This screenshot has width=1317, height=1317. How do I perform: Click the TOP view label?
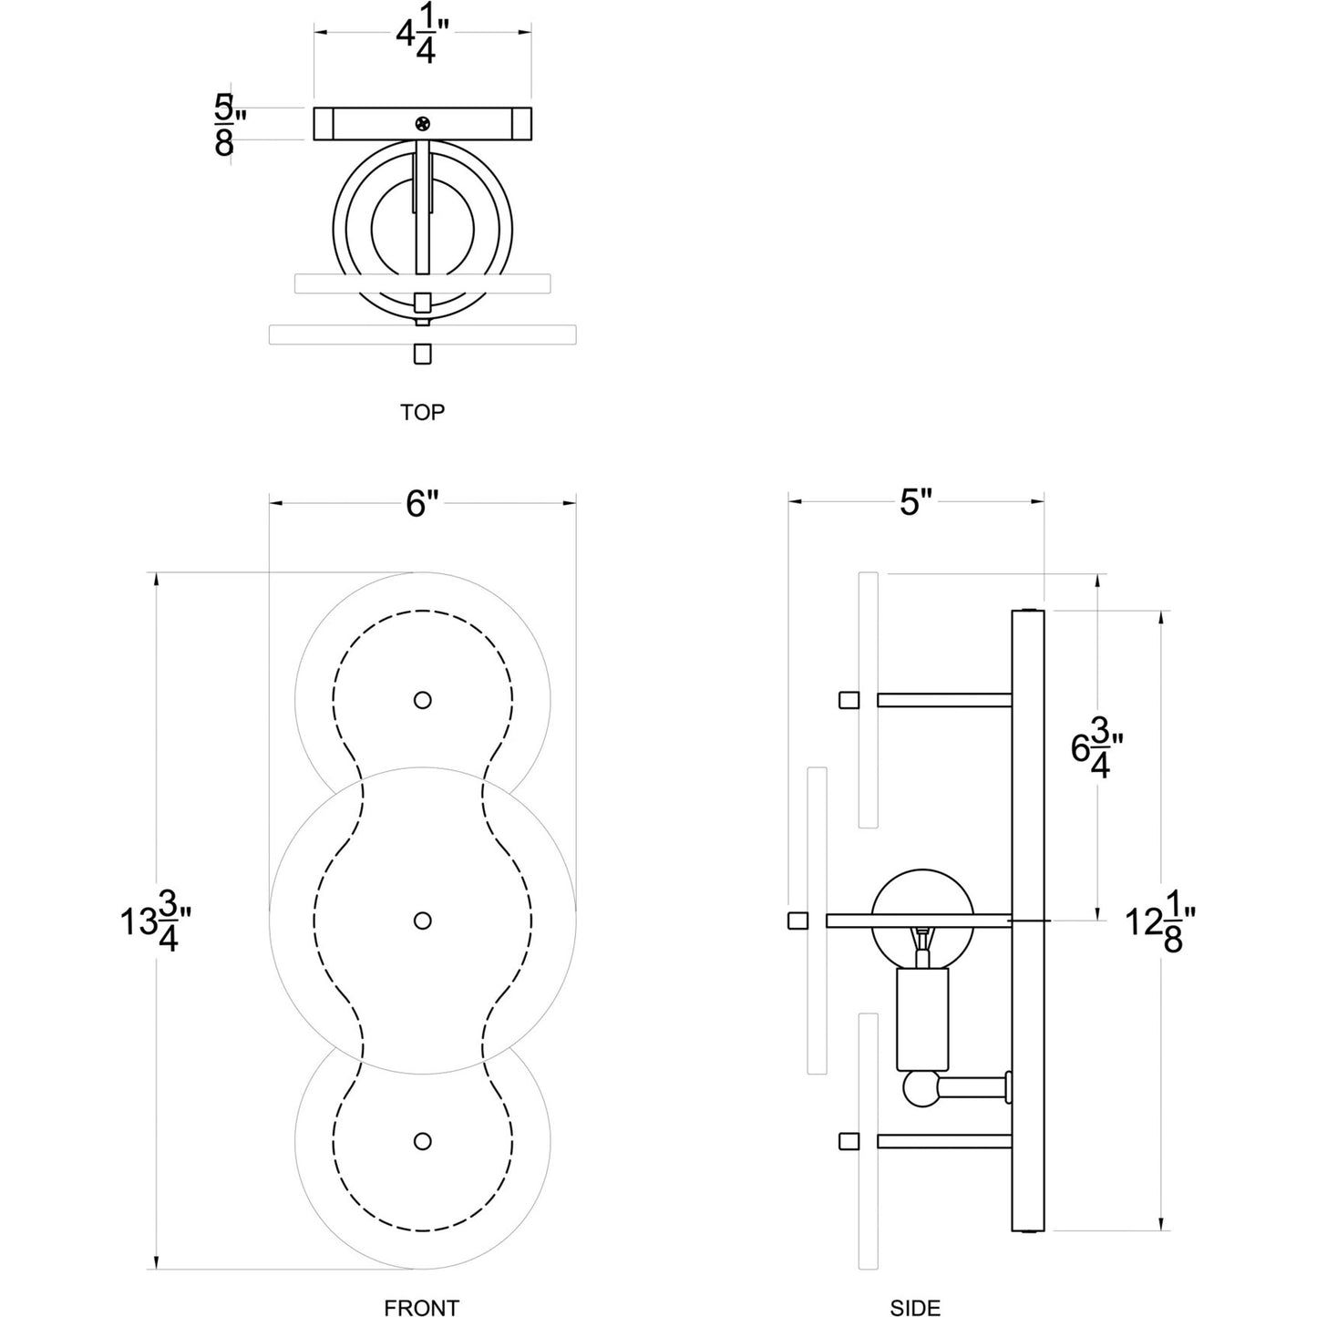click(x=422, y=412)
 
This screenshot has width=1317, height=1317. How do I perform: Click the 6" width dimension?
click(x=422, y=503)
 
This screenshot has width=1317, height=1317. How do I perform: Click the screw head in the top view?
click(x=422, y=124)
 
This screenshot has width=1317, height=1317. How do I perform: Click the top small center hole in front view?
click(x=422, y=700)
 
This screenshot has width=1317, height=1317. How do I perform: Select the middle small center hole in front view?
click(x=422, y=921)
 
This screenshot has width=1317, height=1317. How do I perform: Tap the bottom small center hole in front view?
click(x=422, y=1141)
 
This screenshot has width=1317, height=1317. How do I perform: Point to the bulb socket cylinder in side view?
click(x=922, y=1019)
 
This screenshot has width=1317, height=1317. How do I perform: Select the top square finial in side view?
click(x=849, y=700)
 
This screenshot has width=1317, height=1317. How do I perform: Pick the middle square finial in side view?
click(x=798, y=921)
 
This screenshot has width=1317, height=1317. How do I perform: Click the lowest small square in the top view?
click(x=422, y=354)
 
